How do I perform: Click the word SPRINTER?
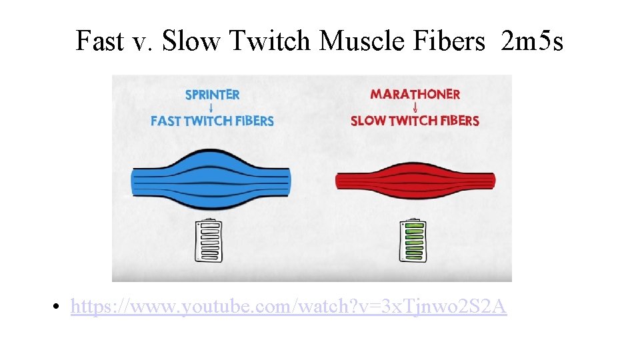(212, 95)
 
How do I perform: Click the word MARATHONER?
(415, 94)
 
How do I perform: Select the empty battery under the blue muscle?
(208, 241)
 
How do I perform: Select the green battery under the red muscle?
(415, 241)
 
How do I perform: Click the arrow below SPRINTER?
(212, 107)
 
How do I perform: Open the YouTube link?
(288, 307)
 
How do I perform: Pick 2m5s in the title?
(531, 41)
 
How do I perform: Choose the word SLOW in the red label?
(367, 121)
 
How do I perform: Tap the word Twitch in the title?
(271, 41)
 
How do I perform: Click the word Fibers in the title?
(450, 41)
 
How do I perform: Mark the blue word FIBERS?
(254, 121)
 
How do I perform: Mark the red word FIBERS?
(459, 121)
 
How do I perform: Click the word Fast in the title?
(99, 41)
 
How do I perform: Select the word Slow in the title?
(190, 41)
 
